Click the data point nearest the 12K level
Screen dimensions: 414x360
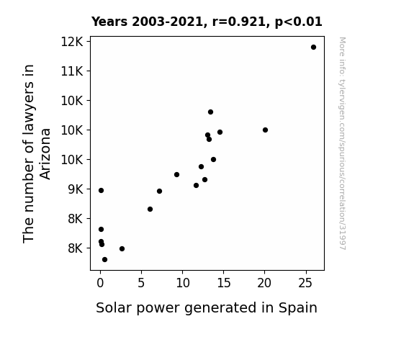pos(313,48)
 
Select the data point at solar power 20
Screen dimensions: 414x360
pos(266,130)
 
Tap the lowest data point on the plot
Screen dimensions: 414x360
pos(104,260)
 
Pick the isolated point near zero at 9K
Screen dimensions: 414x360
pos(101,190)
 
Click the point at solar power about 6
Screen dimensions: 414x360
pos(150,210)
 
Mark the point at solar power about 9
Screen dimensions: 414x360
pos(176,174)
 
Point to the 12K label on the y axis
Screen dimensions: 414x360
pos(72,42)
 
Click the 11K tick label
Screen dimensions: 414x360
pos(72,71)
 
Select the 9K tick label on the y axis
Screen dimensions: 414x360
pos(76,189)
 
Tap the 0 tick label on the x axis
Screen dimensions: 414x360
pos(100,283)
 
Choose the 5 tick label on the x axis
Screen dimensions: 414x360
pos(141,283)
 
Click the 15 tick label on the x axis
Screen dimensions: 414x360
pos(224,283)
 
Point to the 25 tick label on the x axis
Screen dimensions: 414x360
pos(306,283)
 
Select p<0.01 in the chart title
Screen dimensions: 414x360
pos(298,22)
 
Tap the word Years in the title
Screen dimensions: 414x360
pos(109,22)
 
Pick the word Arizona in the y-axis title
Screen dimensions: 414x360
pos(45,154)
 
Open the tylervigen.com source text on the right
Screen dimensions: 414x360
pos(342,143)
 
